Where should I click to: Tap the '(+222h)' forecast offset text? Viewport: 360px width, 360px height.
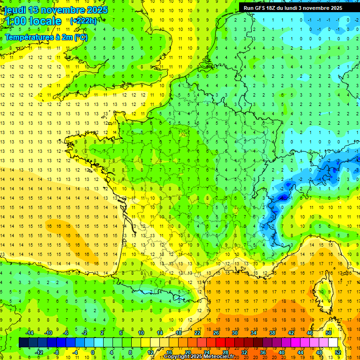tap(83, 21)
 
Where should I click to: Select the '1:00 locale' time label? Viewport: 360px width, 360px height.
tap(33, 21)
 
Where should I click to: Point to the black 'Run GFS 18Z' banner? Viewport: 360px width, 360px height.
tap(293, 8)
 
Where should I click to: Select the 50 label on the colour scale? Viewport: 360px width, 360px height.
tap(328, 332)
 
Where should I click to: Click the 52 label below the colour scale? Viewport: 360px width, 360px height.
tap(338, 352)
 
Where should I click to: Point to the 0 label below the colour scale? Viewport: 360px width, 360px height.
tap(93, 352)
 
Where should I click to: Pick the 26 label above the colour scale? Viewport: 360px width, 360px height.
tap(216, 332)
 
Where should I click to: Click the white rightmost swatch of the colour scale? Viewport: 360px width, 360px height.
tap(333, 343)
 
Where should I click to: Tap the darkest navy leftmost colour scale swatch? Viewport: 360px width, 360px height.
tap(23, 343)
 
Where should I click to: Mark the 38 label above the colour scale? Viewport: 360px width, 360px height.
tap(272, 332)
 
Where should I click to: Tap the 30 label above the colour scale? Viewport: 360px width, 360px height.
tap(235, 332)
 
